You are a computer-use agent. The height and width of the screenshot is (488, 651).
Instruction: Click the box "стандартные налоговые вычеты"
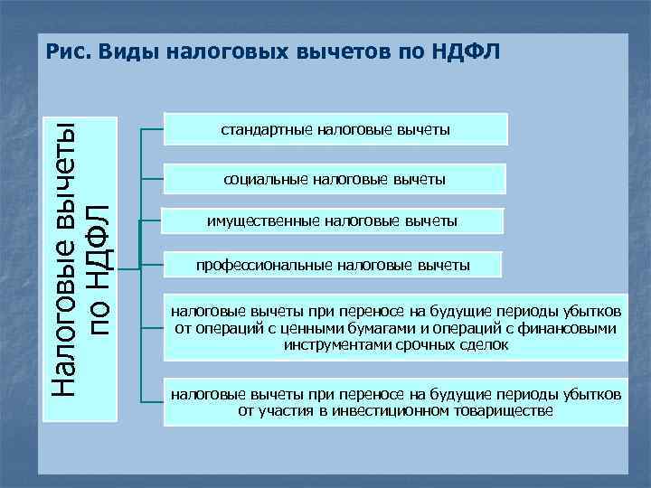(335, 130)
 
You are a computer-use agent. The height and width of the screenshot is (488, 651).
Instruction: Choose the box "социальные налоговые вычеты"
(335, 179)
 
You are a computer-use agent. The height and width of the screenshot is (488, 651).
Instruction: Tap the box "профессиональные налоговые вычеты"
(334, 265)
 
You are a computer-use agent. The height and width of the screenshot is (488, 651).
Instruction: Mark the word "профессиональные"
(264, 265)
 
